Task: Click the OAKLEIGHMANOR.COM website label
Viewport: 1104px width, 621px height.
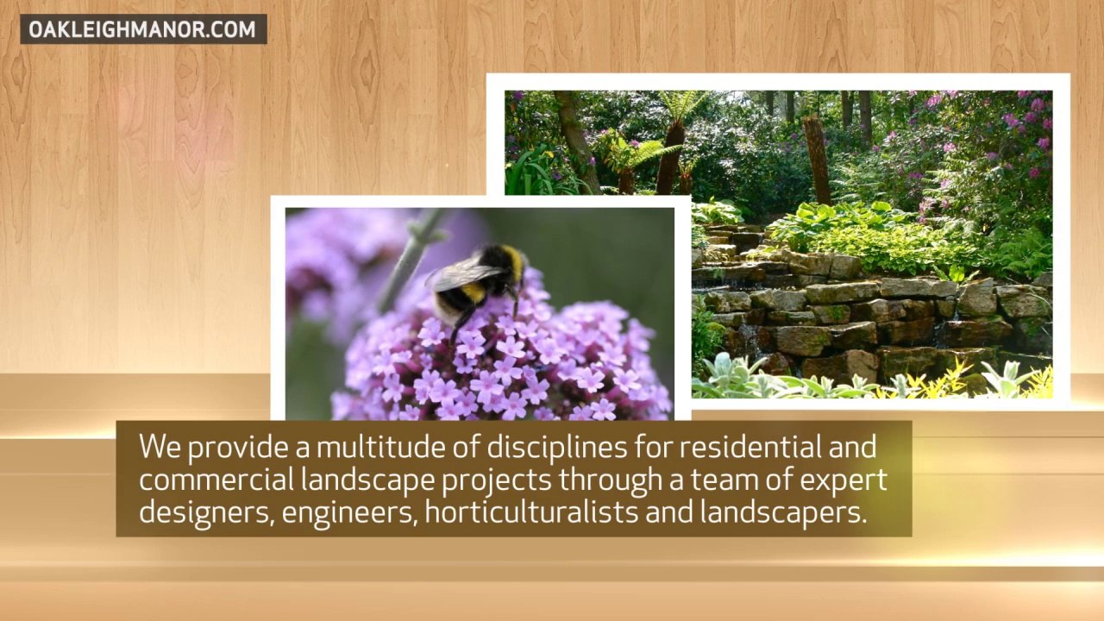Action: click(143, 29)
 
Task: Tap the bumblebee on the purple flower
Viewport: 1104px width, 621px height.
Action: click(477, 284)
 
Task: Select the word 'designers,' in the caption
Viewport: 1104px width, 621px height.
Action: click(207, 512)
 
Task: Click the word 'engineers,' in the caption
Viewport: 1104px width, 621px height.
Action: click(350, 512)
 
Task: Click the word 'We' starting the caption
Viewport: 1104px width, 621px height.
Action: click(160, 447)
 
